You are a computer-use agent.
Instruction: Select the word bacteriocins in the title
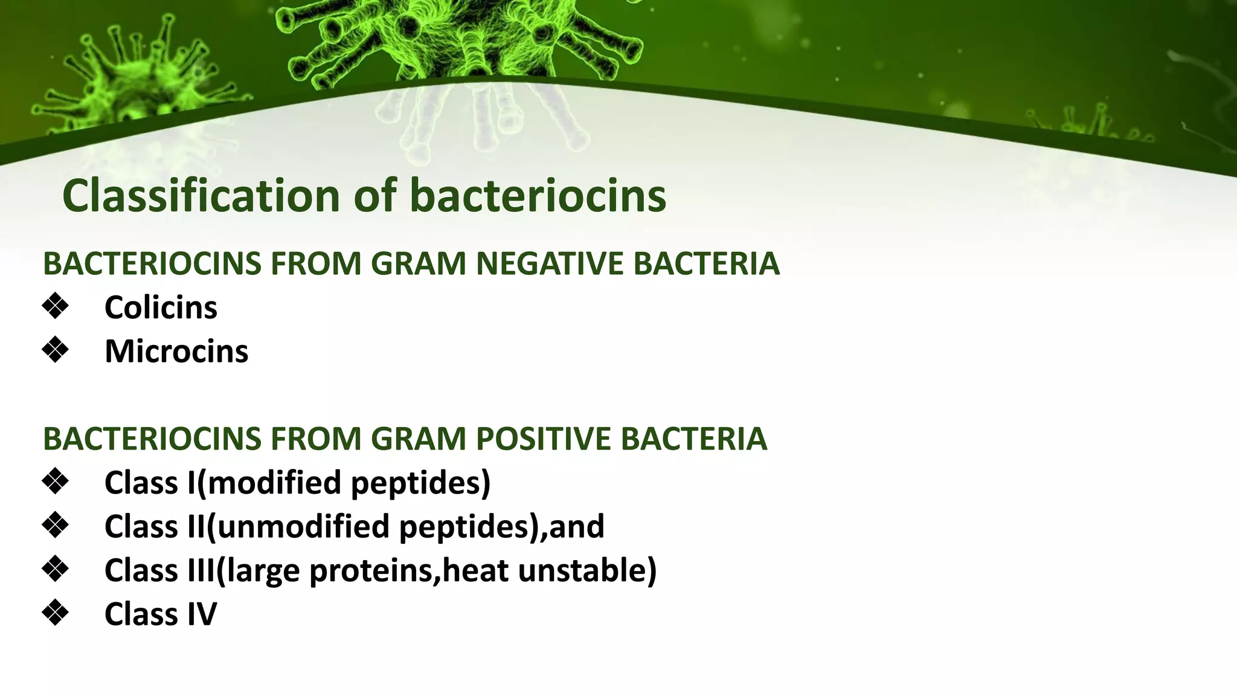(x=538, y=196)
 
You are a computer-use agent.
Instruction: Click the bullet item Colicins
(x=161, y=308)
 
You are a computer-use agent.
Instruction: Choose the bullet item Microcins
(x=176, y=351)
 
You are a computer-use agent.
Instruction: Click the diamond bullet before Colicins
(x=56, y=306)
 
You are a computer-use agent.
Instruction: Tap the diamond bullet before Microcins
(x=56, y=350)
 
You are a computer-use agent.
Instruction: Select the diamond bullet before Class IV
(x=56, y=613)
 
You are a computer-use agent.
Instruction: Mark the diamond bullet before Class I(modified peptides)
(x=56, y=482)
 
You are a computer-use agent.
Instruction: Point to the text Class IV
(x=160, y=614)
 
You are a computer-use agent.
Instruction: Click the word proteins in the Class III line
(x=371, y=571)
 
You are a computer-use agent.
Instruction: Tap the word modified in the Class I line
(x=274, y=483)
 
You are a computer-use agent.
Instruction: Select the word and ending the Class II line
(x=576, y=526)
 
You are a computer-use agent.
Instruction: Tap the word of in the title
(x=374, y=196)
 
